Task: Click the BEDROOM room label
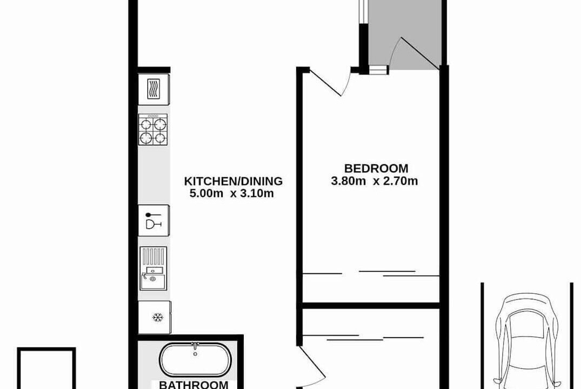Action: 376,169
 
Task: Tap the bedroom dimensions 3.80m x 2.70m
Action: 374,181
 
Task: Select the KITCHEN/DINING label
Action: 233,181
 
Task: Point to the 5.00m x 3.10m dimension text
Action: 231,193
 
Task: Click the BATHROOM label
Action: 193,385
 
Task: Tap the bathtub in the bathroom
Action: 195,360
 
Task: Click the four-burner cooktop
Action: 153,129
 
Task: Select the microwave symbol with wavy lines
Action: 154,89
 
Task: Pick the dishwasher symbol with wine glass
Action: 154,220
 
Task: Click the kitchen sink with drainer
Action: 153,268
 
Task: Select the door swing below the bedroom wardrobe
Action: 312,367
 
